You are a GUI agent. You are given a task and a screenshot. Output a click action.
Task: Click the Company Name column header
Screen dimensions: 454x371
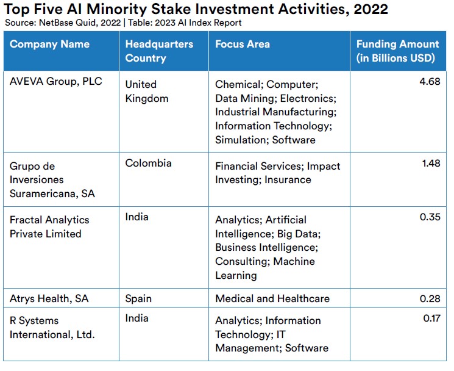49,44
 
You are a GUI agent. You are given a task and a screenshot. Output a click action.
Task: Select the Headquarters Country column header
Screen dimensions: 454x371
159,51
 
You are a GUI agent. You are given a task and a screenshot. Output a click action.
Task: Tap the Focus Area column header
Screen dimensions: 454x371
243,44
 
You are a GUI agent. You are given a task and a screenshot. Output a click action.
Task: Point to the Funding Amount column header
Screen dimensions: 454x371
398,51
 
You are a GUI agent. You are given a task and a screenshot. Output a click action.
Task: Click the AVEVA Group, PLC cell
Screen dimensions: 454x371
56,81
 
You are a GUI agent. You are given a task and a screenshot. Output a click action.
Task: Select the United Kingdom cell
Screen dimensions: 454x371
147,92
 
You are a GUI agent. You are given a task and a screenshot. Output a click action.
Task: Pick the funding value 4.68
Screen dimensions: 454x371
430,81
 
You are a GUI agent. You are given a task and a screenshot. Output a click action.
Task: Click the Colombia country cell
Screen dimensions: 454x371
148,163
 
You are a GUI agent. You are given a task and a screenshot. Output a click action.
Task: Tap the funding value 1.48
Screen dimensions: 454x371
431,163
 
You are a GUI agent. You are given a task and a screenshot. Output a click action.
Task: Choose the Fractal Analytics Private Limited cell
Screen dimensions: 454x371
49,226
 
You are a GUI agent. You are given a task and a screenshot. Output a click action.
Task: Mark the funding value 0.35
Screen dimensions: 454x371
430,217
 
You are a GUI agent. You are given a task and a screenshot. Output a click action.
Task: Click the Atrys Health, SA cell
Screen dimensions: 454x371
49,298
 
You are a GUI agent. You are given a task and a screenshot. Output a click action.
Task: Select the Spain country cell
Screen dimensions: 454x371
138,299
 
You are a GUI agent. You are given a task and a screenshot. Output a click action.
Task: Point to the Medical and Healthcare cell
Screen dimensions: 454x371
272,298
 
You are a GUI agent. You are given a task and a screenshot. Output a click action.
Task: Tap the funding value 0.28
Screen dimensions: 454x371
430,298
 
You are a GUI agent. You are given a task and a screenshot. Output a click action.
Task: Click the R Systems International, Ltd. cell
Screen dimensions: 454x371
52,328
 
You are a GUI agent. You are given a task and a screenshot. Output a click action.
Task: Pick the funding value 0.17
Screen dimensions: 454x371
432,319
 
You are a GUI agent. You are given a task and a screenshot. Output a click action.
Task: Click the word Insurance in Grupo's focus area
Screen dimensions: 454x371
288,179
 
